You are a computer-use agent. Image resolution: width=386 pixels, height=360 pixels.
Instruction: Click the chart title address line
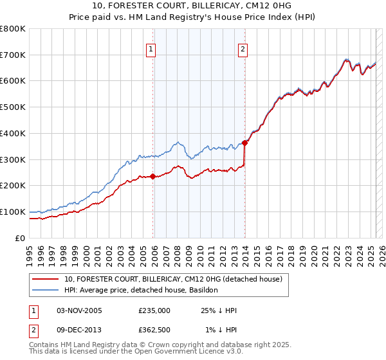coord(192,6)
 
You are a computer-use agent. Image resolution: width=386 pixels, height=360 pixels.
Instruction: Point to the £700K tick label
coord(13,55)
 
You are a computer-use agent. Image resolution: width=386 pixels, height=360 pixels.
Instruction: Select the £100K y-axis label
coord(13,212)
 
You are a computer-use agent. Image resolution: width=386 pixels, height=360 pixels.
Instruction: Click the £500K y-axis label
coord(13,107)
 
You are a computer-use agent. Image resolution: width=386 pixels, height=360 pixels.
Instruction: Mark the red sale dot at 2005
coord(153,176)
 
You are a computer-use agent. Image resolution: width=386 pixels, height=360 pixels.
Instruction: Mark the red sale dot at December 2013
coord(245,143)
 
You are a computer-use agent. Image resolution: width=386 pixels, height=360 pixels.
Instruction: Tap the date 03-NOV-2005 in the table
coord(80,310)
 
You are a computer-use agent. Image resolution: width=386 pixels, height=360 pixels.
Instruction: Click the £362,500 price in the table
coord(154,330)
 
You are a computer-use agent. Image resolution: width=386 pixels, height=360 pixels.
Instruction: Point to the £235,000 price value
coord(154,310)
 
